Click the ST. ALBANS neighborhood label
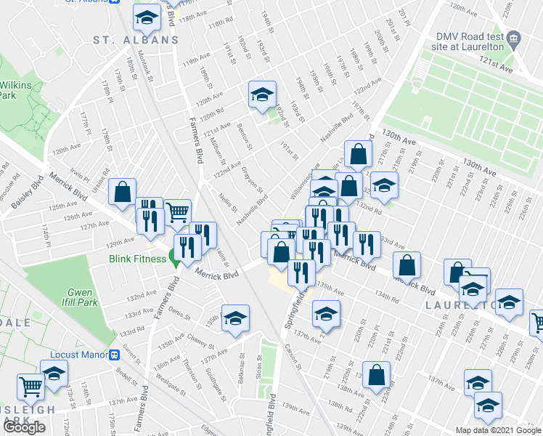click(x=135, y=39)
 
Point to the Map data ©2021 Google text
click(x=498, y=430)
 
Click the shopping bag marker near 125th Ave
click(x=123, y=193)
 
